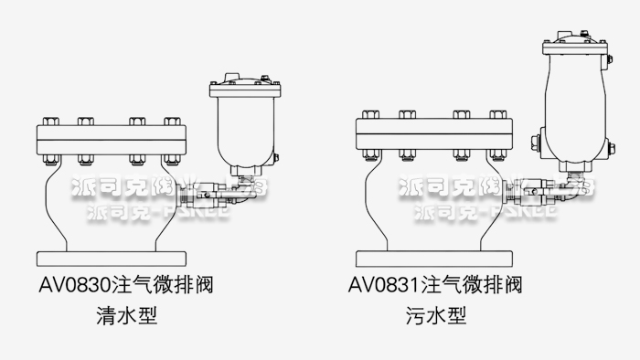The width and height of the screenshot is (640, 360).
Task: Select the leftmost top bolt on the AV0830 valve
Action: click(x=48, y=121)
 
